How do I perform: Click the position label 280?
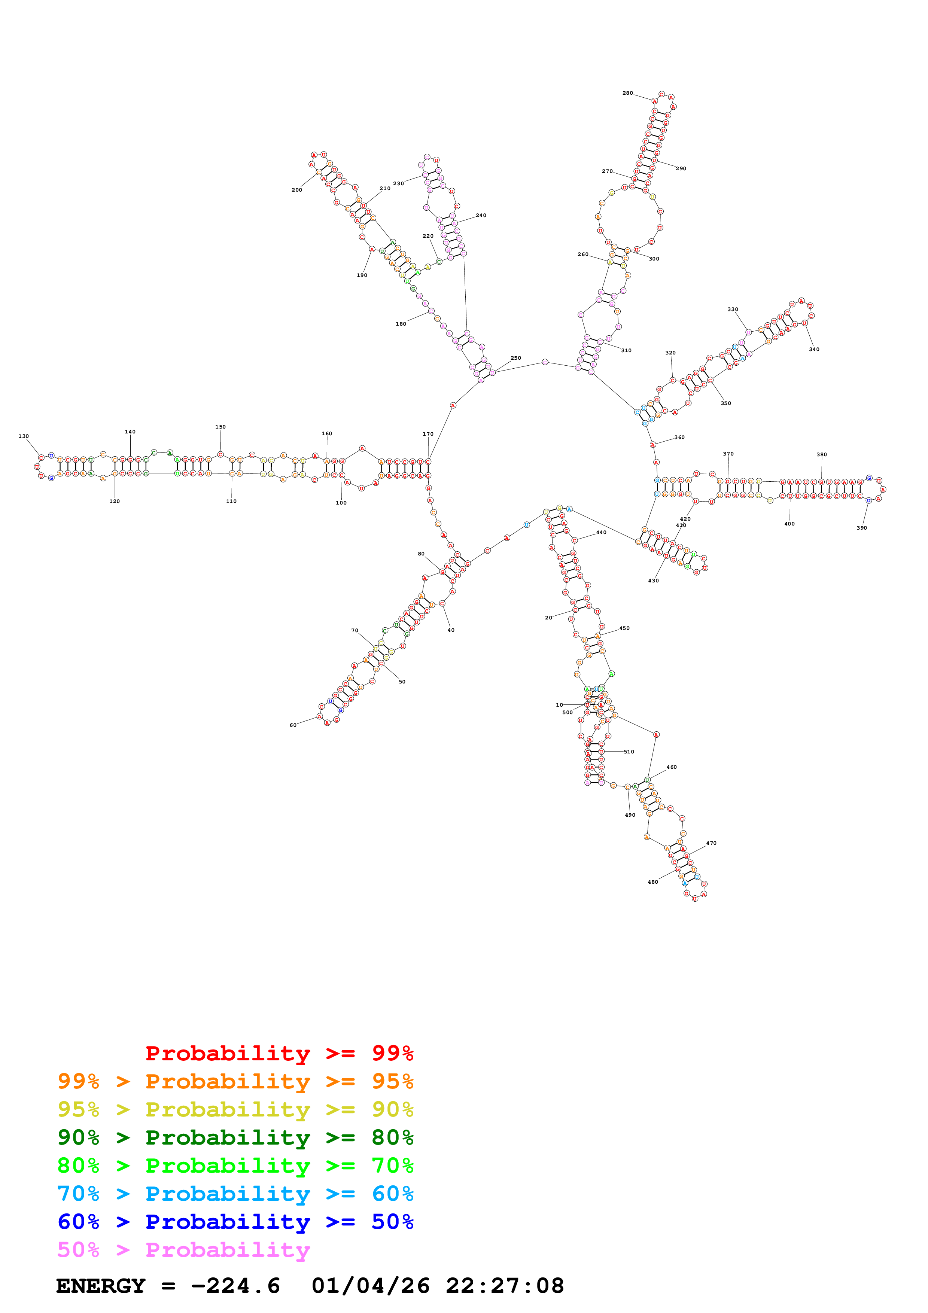(x=627, y=93)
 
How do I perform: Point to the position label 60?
(x=293, y=725)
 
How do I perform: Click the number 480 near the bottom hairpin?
(x=652, y=882)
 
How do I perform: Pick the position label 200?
(x=297, y=190)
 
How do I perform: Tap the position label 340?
(x=814, y=350)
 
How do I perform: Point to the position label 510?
(x=629, y=752)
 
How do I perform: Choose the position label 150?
(x=220, y=427)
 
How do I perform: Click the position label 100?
(x=341, y=503)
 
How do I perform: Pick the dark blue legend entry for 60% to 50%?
(x=235, y=1222)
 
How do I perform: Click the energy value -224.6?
(x=235, y=1286)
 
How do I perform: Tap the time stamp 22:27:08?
(x=505, y=1286)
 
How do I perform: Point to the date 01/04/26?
(x=371, y=1286)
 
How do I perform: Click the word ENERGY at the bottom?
(x=101, y=1286)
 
